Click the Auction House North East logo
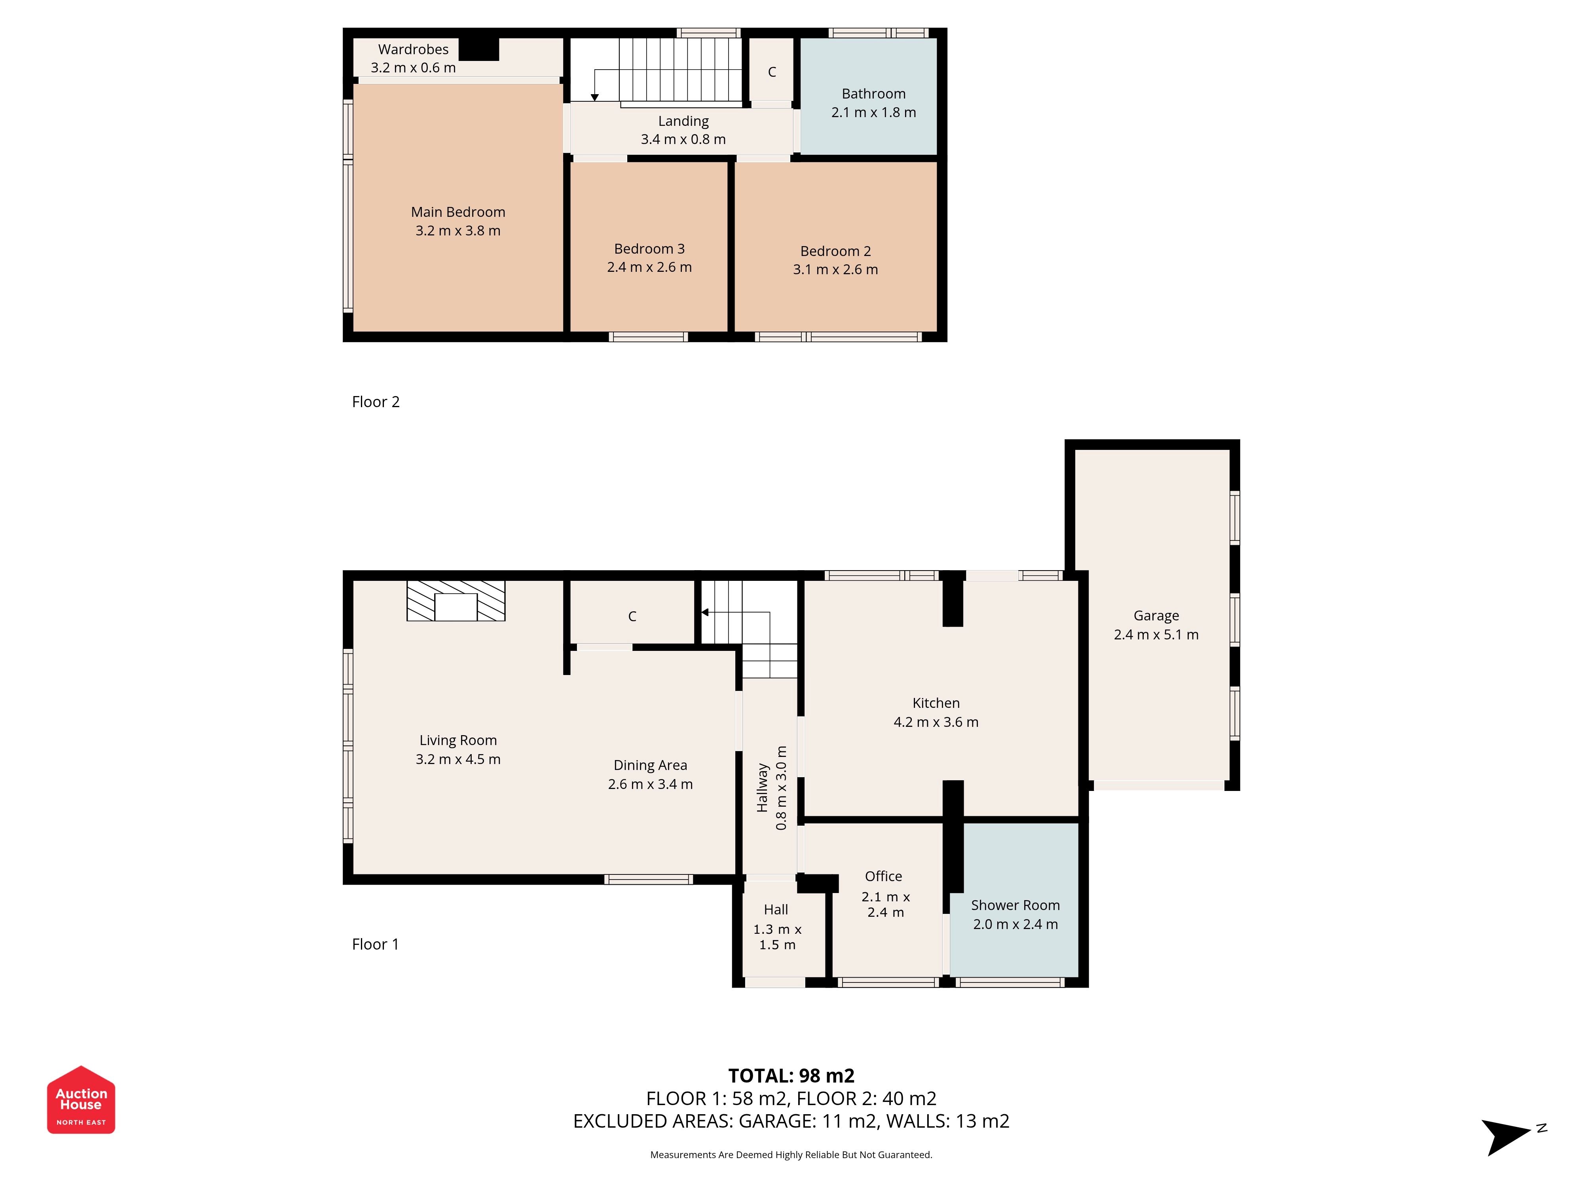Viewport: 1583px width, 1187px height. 81,1100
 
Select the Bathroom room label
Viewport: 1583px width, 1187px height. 873,94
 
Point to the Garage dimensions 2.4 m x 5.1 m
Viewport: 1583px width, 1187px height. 1156,635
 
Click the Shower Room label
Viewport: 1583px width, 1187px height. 1015,905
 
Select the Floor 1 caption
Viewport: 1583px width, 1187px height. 375,944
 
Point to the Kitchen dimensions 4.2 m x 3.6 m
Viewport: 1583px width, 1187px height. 935,722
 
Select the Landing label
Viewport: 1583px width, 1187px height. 683,121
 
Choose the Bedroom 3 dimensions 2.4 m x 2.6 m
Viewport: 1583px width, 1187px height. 649,267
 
